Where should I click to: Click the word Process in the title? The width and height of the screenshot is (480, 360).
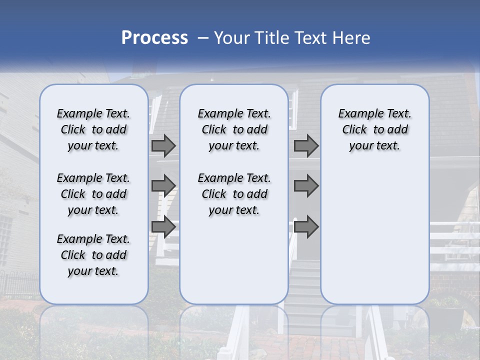coord(154,38)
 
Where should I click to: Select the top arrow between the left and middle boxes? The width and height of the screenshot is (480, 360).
coord(163,145)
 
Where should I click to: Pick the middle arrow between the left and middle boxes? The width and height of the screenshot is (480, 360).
coord(163,186)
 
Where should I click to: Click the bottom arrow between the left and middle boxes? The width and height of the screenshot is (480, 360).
coord(163,227)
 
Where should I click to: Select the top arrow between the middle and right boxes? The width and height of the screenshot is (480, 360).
coord(306,145)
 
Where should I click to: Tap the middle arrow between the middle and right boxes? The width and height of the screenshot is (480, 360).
coord(306,186)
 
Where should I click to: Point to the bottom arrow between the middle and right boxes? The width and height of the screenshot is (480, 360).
coord(306,227)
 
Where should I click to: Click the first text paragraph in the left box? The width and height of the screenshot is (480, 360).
coord(93,129)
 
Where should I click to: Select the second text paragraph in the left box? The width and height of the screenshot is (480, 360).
coord(93,194)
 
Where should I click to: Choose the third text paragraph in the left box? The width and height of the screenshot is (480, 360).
coord(93,255)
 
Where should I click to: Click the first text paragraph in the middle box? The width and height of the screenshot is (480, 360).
coord(234,129)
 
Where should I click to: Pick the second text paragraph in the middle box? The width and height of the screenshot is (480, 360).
coord(234,194)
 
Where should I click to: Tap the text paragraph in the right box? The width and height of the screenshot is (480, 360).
coord(374,129)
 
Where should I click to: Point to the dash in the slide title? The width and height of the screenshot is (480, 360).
coord(203,38)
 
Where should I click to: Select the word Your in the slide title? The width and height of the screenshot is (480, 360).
coord(232,38)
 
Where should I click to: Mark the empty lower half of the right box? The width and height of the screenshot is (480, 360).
coord(374,235)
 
